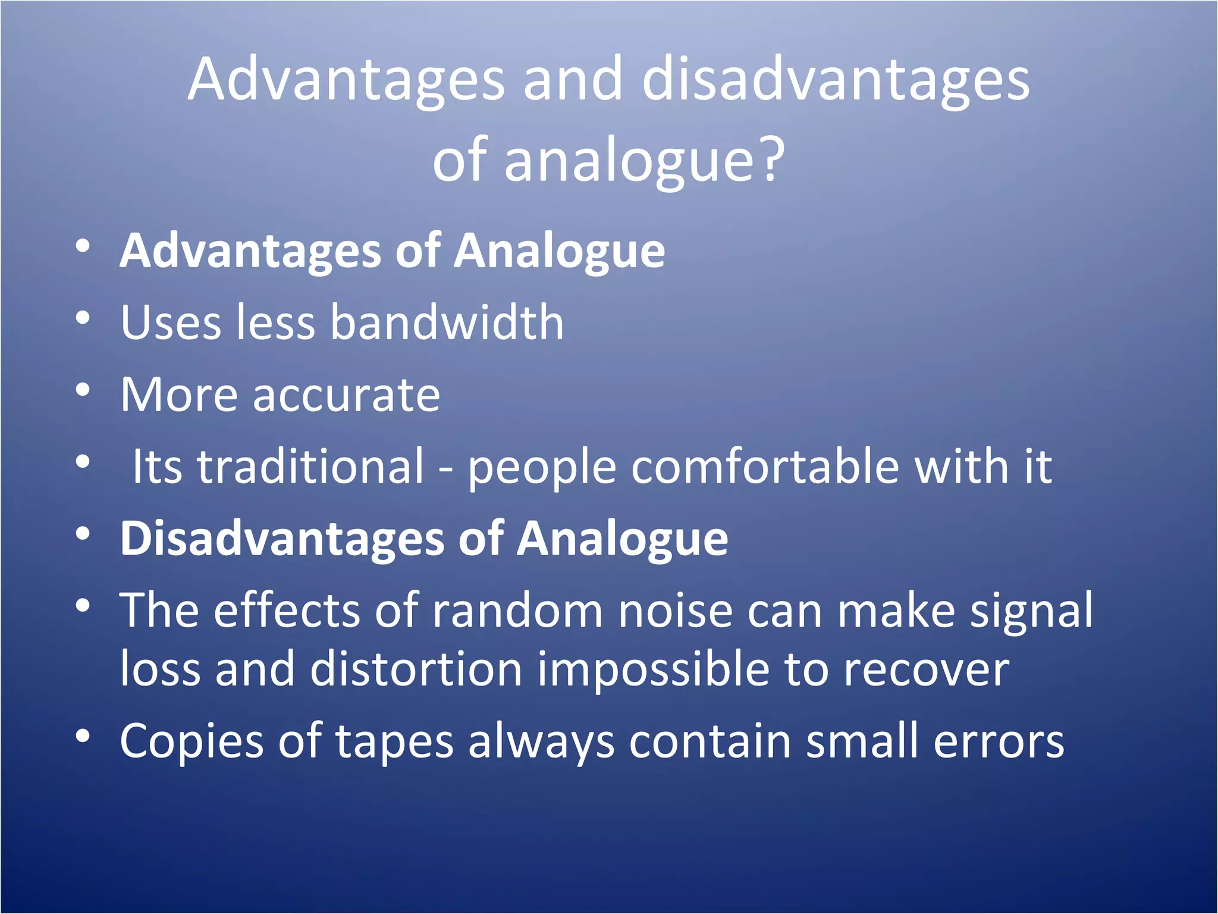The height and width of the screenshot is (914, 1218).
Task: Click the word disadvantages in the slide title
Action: [x=836, y=80]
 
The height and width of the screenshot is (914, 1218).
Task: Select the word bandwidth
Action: [x=447, y=323]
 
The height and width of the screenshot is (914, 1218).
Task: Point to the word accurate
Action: [x=346, y=395]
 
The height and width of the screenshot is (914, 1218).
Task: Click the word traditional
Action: [x=310, y=467]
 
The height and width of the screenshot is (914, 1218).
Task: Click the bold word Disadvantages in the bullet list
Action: [x=283, y=539]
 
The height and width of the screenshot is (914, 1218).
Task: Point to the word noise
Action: [x=675, y=611]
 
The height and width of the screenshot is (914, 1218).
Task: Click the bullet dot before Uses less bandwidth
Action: [x=83, y=318]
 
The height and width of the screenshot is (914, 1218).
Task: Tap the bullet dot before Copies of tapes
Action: [x=83, y=737]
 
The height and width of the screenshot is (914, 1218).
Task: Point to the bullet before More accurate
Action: [x=83, y=390]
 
